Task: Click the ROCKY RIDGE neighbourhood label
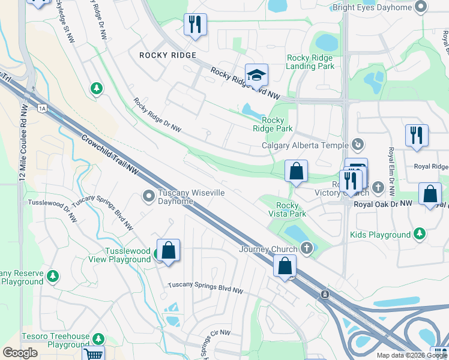point(167,55)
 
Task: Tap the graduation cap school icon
point(256,75)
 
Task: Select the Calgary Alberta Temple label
point(305,145)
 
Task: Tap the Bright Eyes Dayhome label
point(372,7)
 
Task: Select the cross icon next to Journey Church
point(307,248)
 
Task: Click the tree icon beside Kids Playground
point(420,235)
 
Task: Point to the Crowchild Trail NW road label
point(110,155)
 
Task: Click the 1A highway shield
point(42,109)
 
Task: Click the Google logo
point(20,353)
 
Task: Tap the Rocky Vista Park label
point(287,209)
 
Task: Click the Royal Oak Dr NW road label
point(383,204)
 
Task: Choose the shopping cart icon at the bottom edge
point(93,354)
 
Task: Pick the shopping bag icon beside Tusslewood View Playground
point(169,251)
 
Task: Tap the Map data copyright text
point(412,355)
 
